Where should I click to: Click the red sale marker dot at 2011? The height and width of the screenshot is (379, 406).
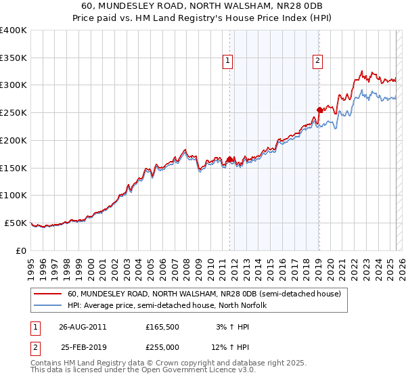tap(230, 160)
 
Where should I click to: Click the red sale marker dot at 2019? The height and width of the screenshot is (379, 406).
tap(319, 110)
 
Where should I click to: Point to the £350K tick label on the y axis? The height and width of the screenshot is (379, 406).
tap(14, 58)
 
